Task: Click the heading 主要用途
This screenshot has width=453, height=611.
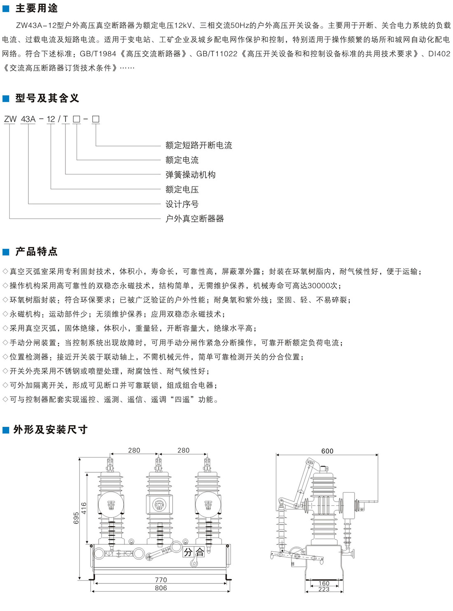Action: click(36, 8)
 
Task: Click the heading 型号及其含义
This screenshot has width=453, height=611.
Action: click(47, 98)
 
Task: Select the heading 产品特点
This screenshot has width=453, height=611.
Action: click(36, 251)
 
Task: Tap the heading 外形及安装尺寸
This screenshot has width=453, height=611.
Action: click(50, 430)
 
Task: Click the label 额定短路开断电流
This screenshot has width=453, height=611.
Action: click(198, 145)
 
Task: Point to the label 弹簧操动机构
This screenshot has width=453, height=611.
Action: click(190, 175)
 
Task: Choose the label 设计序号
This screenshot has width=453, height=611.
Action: click(182, 204)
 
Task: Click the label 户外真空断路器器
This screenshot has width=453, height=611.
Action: click(194, 218)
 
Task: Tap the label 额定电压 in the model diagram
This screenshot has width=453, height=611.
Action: click(182, 189)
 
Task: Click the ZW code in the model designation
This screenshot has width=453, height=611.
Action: click(10, 119)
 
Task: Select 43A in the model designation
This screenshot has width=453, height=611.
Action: click(28, 119)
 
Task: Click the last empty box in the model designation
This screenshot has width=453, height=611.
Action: click(96, 119)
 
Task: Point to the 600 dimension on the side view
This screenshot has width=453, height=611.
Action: click(327, 451)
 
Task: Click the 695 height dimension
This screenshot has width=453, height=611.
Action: click(76, 518)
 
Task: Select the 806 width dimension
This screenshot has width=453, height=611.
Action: click(161, 588)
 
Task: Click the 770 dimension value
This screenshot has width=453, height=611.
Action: click(161, 580)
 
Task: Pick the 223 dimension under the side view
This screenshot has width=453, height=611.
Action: click(324, 589)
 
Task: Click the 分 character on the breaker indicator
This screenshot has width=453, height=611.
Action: click(188, 552)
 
